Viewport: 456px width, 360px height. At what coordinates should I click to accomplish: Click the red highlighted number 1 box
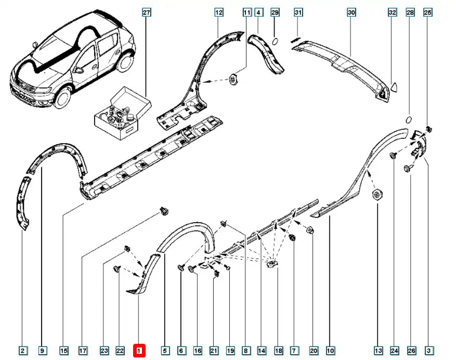click(139, 351)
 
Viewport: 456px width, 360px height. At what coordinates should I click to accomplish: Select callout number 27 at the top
click(146, 12)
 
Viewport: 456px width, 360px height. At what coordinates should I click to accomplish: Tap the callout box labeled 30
click(351, 12)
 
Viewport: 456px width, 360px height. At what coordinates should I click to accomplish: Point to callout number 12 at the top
click(218, 12)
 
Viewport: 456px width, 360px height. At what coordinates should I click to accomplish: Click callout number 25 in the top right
click(428, 12)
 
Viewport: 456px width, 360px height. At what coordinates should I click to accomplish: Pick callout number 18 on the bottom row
click(278, 351)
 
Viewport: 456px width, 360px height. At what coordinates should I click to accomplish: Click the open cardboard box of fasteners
click(121, 113)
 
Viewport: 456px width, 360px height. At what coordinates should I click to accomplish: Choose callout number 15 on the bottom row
click(63, 351)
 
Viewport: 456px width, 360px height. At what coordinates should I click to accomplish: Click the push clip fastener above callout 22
click(116, 268)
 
